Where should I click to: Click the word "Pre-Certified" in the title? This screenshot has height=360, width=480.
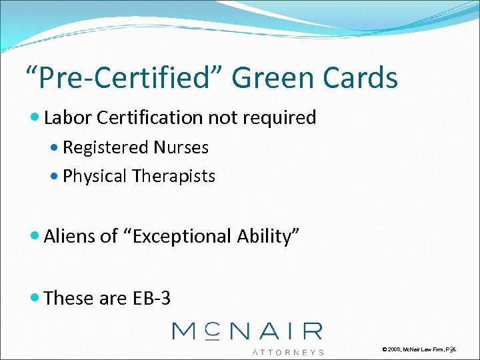[123, 77]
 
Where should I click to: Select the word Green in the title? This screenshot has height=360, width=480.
[277, 77]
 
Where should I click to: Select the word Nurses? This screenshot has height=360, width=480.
[181, 147]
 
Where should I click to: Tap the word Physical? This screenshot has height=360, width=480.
[94, 176]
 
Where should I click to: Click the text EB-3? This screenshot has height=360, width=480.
[151, 298]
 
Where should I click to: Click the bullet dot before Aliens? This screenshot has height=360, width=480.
[36, 237]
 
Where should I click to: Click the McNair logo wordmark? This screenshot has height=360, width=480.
[247, 331]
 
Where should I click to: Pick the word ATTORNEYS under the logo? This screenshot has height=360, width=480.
[288, 351]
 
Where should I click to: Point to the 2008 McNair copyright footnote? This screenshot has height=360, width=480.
[419, 349]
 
